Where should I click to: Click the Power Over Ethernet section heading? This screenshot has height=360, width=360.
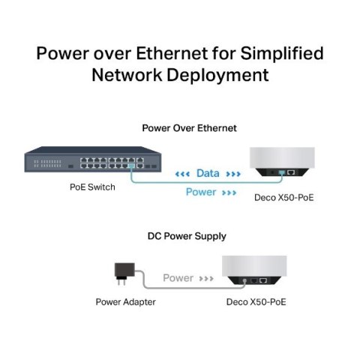point(189,128)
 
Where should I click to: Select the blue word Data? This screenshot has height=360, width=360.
point(208,173)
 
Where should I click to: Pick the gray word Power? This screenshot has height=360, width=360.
point(178,277)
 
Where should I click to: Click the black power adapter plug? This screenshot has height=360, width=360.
point(119,271)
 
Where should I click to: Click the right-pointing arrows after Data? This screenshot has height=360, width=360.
point(233,173)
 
